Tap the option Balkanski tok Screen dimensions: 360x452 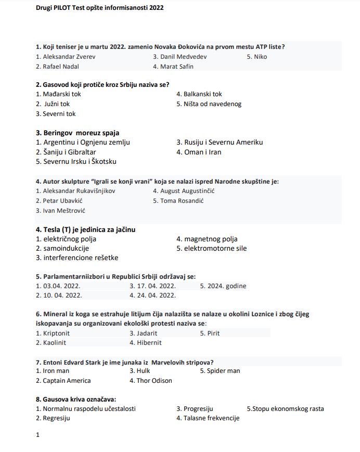coord(202,94)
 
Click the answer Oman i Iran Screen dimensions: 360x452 coord(202,152)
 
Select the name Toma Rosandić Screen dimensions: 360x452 coord(182,201)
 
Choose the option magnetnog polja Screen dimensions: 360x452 coord(210,239)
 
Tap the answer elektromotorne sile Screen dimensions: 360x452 coord(215,249)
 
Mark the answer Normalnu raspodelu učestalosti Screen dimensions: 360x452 coord(89,409)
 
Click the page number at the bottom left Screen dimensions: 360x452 coord(37,435)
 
